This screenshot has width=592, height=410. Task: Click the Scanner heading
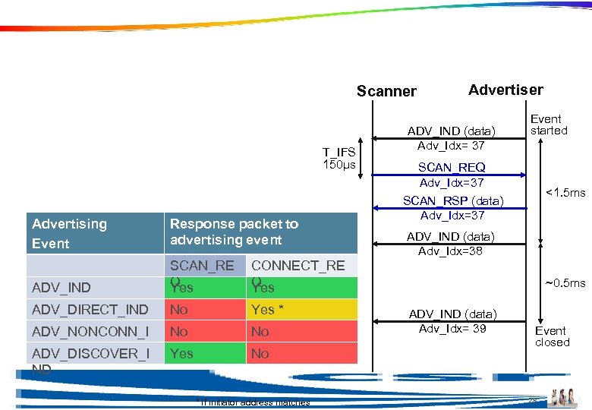click(x=386, y=92)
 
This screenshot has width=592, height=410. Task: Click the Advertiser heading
click(x=505, y=90)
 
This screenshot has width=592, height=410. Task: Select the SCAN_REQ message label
click(x=452, y=167)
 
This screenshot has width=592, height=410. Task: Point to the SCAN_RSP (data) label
click(x=452, y=200)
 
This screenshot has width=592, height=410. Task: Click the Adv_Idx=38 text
click(x=452, y=251)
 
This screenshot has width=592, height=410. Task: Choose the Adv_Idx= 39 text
click(x=452, y=328)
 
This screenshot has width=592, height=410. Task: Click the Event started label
click(x=549, y=125)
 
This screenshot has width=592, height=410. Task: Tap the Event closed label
click(x=552, y=336)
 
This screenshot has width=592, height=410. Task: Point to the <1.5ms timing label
click(x=566, y=193)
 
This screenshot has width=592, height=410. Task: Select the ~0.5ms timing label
click(x=565, y=283)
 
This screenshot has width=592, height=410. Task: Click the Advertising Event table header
click(x=69, y=233)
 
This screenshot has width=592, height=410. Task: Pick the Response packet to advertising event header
click(x=235, y=232)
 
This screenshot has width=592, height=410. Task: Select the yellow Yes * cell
click(x=301, y=310)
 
